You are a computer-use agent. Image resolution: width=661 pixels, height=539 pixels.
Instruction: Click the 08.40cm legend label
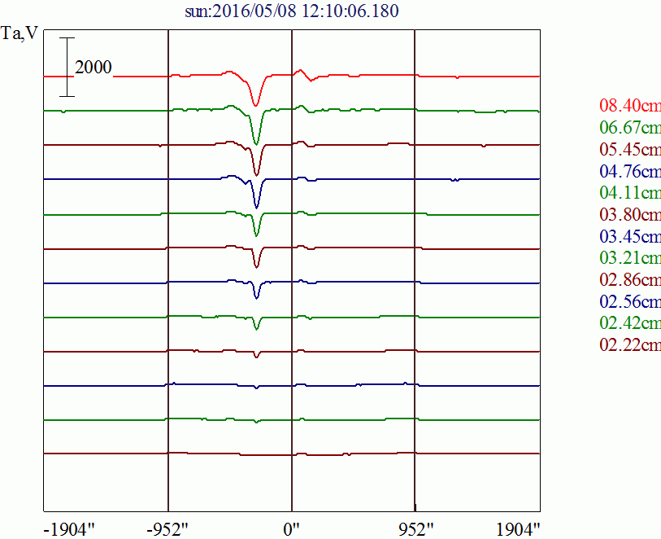coord(629,106)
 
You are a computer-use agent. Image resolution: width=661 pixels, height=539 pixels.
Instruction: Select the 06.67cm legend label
coord(629,128)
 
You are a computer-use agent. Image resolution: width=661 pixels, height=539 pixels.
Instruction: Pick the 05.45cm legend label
coord(629,150)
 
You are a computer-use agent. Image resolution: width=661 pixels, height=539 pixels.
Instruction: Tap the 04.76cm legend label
coord(629,171)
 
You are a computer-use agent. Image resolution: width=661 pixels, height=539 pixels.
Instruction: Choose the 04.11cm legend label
coord(629,193)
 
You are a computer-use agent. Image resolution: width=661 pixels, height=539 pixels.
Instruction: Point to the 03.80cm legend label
coord(629,215)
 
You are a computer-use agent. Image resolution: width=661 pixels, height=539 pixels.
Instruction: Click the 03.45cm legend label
coord(629,237)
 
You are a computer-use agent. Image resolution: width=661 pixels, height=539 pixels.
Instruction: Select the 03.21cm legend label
coord(629,258)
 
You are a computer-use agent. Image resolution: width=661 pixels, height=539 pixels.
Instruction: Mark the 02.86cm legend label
coord(629,280)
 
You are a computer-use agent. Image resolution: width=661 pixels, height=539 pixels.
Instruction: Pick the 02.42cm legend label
coord(629,323)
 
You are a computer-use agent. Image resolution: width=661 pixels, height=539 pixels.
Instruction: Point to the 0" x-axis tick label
coord(292,528)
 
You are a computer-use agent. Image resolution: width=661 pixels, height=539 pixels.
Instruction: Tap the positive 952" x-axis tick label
coord(415,528)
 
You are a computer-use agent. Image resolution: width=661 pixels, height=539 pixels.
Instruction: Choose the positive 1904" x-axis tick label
coord(517,528)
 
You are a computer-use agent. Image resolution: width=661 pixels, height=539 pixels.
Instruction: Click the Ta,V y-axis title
coord(20,37)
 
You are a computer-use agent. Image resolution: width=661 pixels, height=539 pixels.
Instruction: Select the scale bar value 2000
coord(93,68)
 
